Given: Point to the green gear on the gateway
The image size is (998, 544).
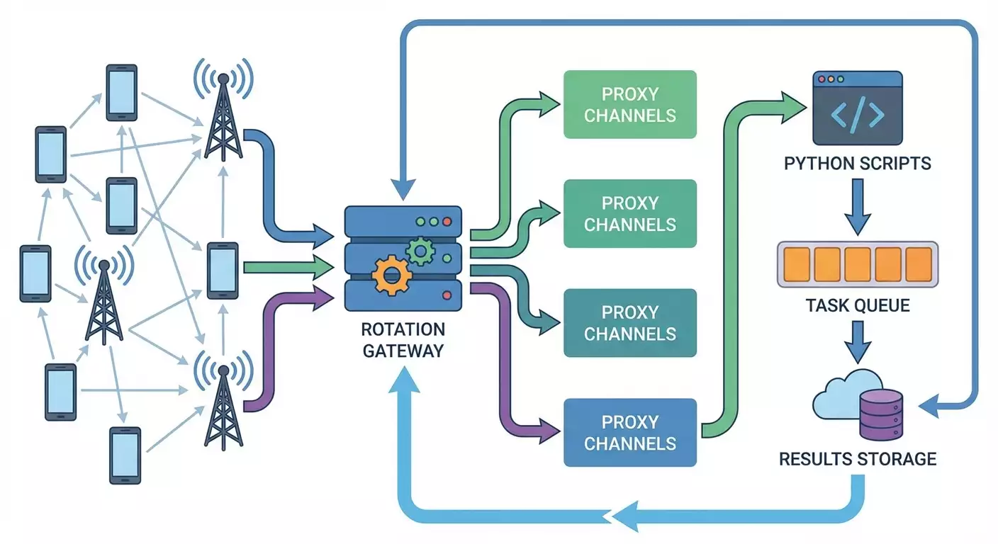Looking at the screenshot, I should (420, 249).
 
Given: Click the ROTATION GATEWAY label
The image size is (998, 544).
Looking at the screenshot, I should (403, 340).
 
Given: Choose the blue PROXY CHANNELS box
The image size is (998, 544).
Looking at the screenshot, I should (630, 433).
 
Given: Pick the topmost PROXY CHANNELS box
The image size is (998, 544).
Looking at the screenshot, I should (630, 104).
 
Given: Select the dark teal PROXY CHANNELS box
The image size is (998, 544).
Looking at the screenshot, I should (630, 323).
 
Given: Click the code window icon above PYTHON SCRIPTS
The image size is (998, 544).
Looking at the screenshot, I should (857, 106).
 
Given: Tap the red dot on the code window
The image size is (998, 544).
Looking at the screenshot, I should (822, 80).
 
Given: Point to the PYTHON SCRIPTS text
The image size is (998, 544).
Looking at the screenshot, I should (857, 164).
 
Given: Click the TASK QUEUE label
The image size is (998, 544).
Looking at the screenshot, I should (858, 306).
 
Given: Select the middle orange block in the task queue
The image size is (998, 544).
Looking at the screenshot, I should (858, 263).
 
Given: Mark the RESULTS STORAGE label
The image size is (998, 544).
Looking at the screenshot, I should (858, 459).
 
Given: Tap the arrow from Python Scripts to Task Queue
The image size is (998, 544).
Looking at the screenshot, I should (858, 205).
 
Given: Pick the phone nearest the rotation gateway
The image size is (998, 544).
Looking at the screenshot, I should (223, 270).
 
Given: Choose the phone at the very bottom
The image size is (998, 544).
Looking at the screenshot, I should (125, 454).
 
